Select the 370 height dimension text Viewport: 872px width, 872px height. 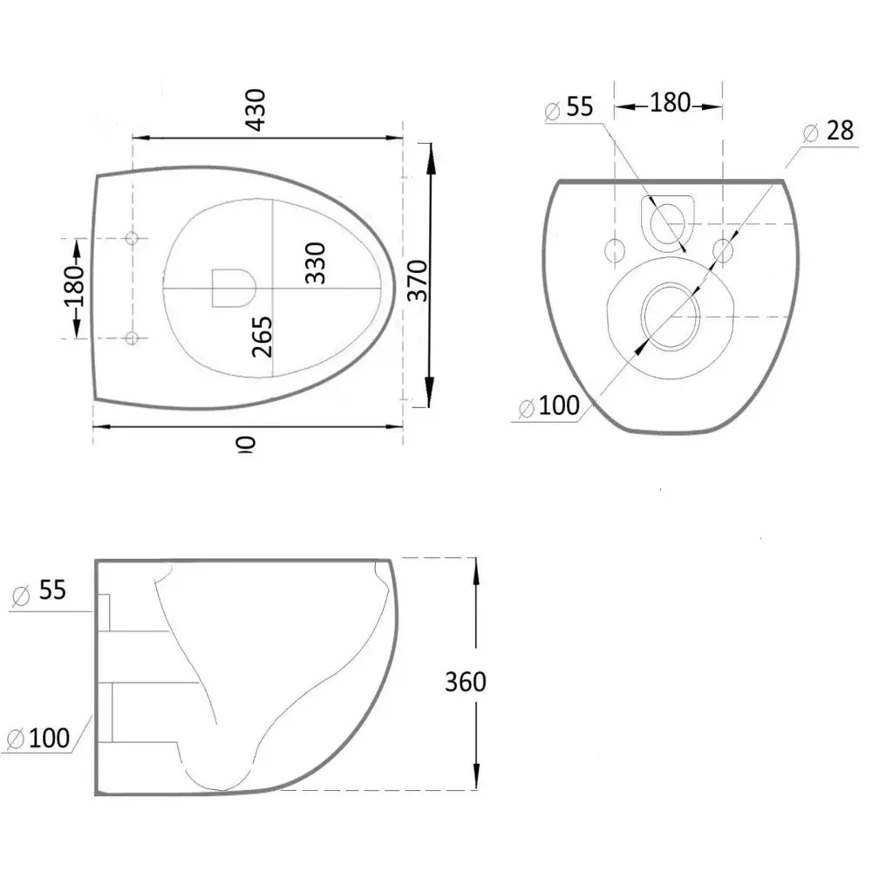418,279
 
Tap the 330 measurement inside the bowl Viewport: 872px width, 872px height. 315,262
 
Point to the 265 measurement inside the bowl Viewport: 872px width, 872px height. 262,336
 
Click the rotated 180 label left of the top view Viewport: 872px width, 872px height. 74,287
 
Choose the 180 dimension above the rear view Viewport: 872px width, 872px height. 670,103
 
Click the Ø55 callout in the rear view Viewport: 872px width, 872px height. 569,107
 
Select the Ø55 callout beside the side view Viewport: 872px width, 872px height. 40,590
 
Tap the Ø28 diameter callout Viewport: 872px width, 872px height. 828,132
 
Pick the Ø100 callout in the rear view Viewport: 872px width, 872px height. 549,405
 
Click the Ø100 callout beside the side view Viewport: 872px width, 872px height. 38,739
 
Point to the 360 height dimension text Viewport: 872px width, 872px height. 466,681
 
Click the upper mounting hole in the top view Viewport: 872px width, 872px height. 132,239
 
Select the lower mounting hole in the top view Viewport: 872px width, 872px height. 132,338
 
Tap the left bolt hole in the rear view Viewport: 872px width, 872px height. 615,250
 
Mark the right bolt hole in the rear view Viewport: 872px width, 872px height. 723,250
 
